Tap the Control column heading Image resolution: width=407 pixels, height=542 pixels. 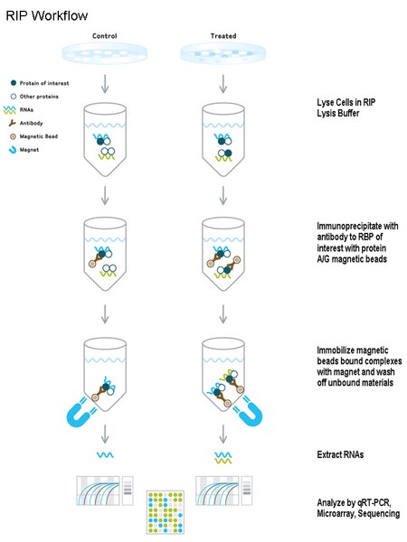pos(106,36)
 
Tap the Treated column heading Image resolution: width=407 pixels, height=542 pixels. pos(222,36)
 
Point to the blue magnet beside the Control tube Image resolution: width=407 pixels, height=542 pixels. pos(74,405)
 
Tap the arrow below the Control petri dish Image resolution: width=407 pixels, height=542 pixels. pos(106,83)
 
